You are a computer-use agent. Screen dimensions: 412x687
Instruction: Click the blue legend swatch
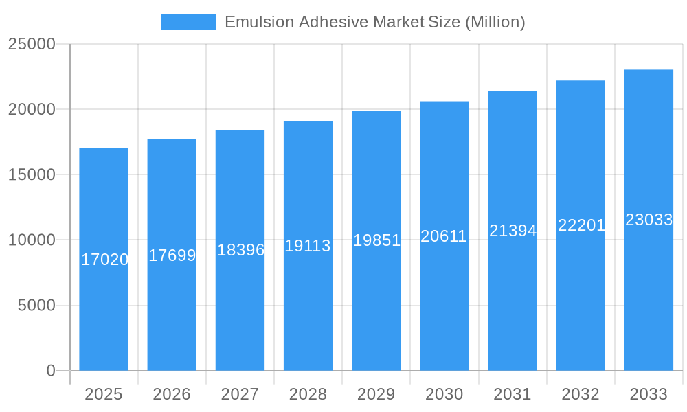188,22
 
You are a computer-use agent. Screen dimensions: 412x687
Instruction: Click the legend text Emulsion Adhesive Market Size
374,22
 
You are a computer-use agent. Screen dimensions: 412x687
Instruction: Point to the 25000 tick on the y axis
32,44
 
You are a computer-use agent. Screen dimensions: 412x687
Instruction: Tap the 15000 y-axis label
32,174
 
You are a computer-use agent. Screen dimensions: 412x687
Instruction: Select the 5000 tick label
36,306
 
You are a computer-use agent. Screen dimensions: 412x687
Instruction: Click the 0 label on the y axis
50,371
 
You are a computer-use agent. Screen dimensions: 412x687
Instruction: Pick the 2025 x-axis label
104,394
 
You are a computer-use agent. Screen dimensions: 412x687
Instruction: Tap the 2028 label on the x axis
308,394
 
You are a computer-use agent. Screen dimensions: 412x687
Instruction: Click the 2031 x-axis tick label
513,394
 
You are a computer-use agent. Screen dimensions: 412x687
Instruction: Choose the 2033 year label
649,394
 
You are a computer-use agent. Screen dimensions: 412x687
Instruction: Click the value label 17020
104,260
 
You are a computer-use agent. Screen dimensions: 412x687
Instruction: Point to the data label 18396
240,250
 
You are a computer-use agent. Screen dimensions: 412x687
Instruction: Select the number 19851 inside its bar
376,240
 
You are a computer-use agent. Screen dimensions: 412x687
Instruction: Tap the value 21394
513,231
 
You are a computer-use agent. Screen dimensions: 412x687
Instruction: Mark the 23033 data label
649,220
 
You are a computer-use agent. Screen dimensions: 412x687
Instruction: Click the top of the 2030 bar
444,103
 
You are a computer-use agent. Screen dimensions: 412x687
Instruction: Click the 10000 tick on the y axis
32,240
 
